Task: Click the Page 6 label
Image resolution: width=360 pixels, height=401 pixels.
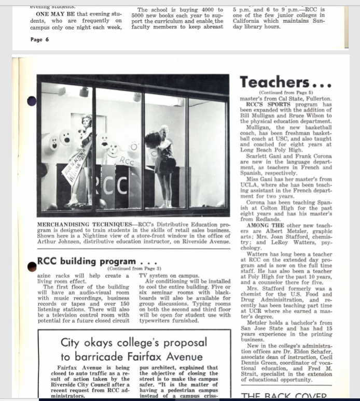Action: pyautogui.click(x=40, y=39)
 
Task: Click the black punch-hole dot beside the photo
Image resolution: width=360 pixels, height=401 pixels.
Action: pyautogui.click(x=31, y=101)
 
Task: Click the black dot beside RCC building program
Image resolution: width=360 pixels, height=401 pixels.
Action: pyautogui.click(x=31, y=265)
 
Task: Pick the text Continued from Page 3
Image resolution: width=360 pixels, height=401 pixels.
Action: pyautogui.click(x=134, y=268)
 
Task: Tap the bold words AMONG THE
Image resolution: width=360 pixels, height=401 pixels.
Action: pyautogui.click(x=265, y=225)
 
